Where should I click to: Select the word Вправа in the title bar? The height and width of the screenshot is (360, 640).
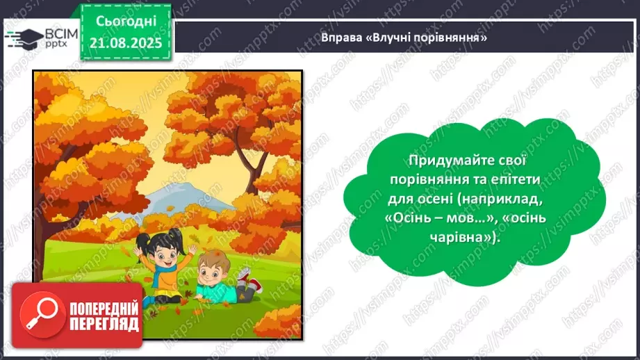340,37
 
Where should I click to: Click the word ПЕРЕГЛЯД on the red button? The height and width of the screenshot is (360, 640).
104,325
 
